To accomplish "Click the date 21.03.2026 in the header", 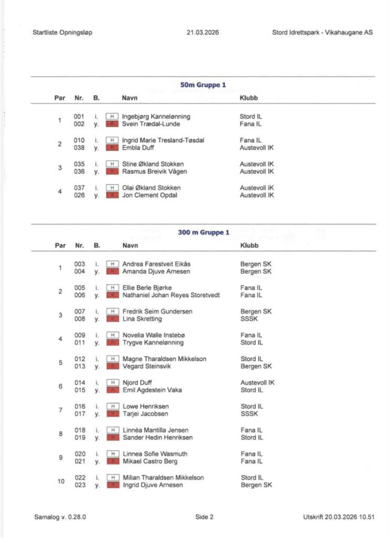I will (203, 33).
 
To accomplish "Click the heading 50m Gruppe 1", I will (203, 85).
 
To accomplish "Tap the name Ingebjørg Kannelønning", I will (156, 117).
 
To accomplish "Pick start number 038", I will (79, 148).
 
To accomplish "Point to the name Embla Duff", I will (139, 148).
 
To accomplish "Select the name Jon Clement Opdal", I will (150, 195).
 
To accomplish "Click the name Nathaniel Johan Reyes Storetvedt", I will (171, 295).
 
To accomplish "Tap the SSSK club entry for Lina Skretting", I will (249, 319).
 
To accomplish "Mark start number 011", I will (79, 343).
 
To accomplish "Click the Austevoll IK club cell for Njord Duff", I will (257, 382).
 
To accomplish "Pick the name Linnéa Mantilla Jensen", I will (155, 430).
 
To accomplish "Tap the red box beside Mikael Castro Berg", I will (112, 461).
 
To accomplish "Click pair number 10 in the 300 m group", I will (60, 481).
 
